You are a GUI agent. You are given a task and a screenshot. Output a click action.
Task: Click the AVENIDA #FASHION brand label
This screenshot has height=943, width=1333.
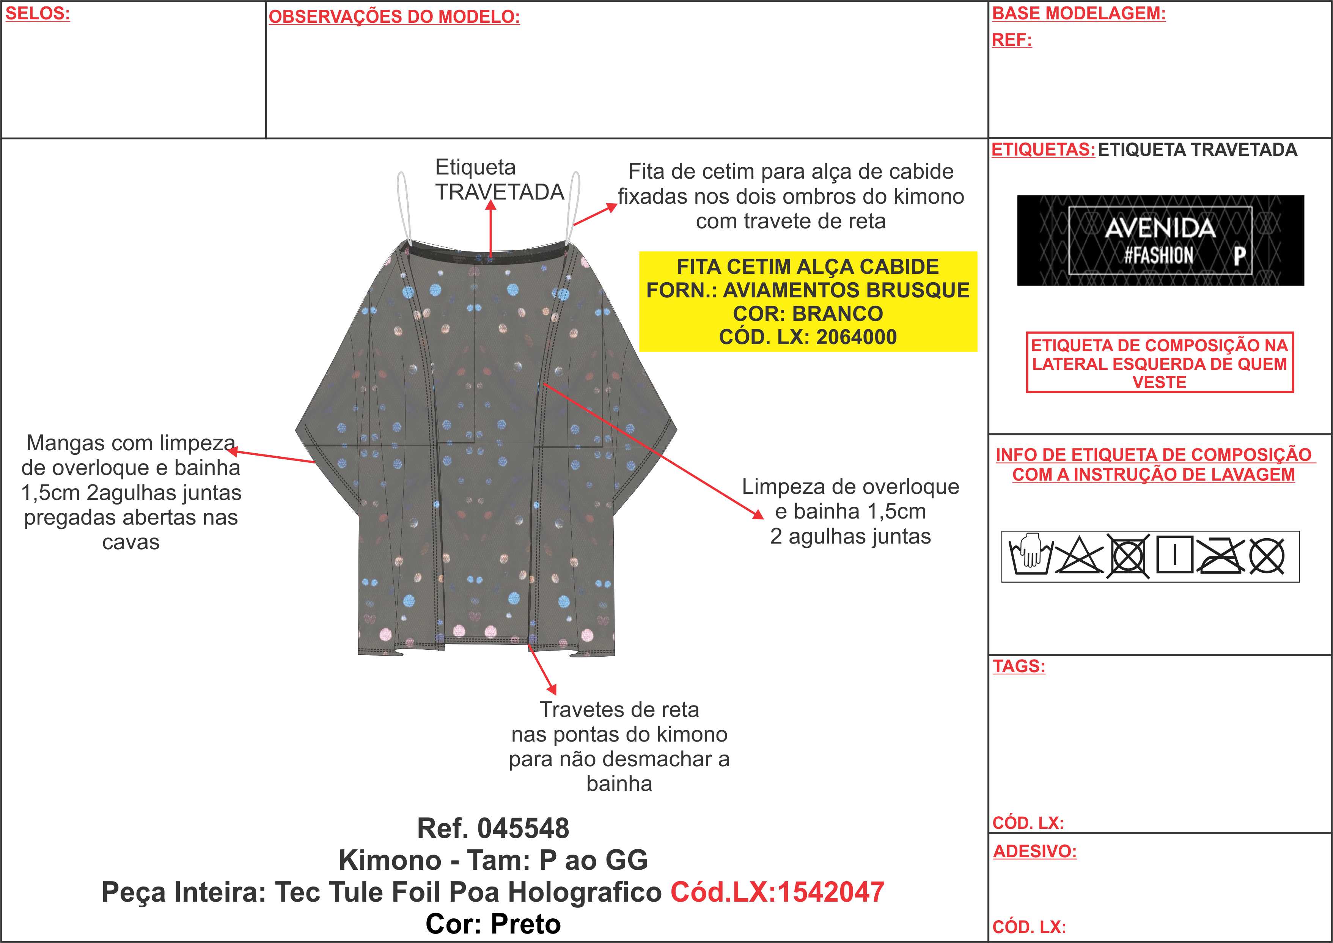(1160, 240)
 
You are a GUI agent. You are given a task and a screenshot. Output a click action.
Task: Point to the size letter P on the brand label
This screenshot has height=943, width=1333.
(1240, 256)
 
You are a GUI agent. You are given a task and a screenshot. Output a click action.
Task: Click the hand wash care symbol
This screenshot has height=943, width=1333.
(1030, 556)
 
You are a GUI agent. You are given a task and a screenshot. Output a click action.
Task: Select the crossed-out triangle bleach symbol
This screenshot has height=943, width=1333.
(1079, 556)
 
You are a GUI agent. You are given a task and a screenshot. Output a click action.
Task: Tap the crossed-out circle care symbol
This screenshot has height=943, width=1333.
(1267, 556)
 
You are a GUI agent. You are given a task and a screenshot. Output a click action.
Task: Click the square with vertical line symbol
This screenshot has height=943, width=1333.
(1174, 555)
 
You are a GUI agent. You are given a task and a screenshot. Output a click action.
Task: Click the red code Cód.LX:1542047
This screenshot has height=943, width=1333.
(777, 892)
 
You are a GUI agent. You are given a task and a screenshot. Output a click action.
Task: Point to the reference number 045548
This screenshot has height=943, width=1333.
(523, 828)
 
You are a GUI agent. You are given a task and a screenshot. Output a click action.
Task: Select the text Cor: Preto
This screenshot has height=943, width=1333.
(494, 924)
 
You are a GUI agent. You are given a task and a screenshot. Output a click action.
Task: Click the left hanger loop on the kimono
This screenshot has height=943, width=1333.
(404, 208)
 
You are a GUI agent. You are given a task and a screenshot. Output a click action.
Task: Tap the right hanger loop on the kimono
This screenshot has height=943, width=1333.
(574, 208)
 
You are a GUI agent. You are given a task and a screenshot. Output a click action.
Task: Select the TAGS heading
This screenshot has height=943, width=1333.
(1019, 666)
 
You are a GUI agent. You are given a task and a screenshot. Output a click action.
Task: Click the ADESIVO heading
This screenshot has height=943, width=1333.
(1034, 851)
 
